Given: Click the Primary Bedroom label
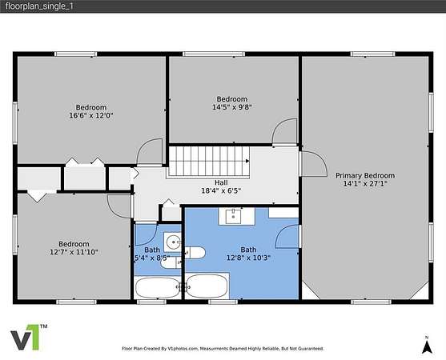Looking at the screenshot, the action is (365, 175).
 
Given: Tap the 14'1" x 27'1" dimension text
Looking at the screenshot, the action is (365, 183).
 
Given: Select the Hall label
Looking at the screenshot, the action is (221, 182).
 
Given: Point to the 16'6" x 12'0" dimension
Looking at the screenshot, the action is (91, 115).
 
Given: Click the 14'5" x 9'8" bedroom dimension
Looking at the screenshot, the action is (232, 107).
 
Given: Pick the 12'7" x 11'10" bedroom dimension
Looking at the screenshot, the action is (74, 252).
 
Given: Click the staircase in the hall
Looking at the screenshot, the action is (209, 161).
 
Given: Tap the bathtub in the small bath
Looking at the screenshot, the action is (157, 287).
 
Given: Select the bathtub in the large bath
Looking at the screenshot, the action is (207, 286).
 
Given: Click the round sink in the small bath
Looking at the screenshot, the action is (173, 242).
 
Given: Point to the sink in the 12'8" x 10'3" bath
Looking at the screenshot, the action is (233, 217).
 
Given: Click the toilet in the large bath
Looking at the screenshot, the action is (195, 253).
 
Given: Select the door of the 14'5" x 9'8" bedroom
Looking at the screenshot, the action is (284, 132).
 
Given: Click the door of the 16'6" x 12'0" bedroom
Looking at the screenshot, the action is (150, 152).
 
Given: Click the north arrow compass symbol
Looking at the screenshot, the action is (427, 346).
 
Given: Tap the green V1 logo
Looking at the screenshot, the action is (29, 338).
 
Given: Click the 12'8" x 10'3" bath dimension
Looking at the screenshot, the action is (248, 258).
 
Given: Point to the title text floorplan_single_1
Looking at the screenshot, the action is (39, 6).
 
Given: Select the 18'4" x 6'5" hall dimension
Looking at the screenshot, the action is (221, 190).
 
